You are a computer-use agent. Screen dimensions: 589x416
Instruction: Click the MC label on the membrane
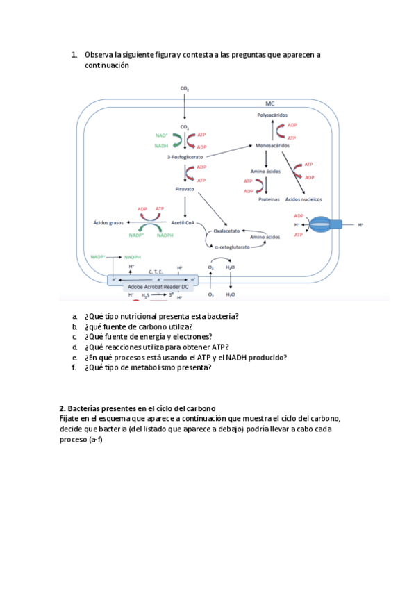tap(269, 103)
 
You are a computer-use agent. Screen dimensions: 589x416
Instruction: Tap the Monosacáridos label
tap(273, 147)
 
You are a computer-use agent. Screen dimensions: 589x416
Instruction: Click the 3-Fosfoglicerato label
tap(184, 157)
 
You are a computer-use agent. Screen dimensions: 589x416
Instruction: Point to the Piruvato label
tap(184, 189)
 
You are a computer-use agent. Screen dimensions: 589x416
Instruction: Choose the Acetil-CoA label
tap(183, 222)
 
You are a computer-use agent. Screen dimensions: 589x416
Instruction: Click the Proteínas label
tap(269, 199)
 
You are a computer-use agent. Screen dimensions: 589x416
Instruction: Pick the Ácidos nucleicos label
tap(303, 199)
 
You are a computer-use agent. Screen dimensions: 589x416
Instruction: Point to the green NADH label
tap(161, 146)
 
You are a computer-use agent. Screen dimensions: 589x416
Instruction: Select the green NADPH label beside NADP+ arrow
tap(133, 257)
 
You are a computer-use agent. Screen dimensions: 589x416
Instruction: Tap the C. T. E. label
tap(156, 272)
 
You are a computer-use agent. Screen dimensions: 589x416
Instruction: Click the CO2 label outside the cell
tap(185, 88)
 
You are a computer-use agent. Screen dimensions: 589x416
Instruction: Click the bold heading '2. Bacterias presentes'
tap(138, 408)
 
